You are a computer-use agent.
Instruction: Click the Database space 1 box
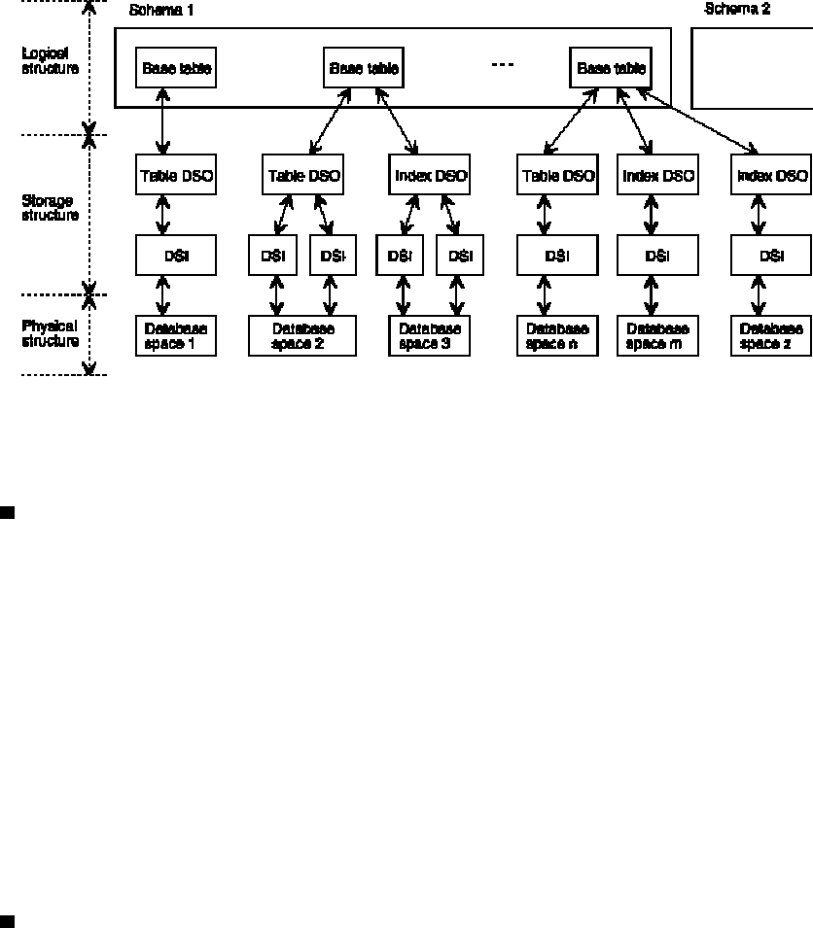tap(176, 335)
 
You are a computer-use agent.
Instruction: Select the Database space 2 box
tap(302, 335)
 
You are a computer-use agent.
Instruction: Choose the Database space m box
tap(657, 335)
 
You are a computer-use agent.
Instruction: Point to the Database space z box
tap(771, 335)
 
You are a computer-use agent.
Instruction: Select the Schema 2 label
tap(736, 10)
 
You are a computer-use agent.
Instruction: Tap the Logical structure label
tap(50, 61)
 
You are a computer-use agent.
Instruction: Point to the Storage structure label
tap(50, 208)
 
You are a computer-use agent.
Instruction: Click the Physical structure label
tap(50, 333)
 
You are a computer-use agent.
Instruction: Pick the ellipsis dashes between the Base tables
tap(502, 65)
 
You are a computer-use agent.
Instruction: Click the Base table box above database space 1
tap(176, 69)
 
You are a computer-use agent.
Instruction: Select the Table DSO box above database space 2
tap(302, 176)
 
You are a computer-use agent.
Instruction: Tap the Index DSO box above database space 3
tap(429, 176)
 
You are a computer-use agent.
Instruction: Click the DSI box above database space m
tap(657, 257)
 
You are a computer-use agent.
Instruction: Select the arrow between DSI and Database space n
tap(545, 295)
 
